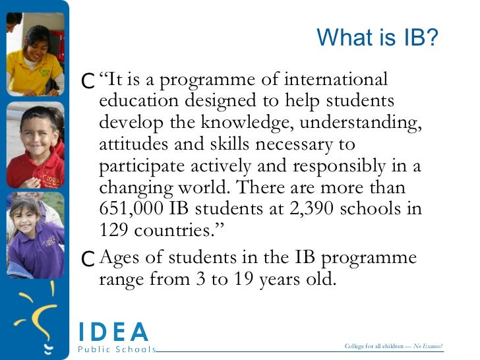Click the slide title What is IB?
pyautogui.click(x=377, y=37)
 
